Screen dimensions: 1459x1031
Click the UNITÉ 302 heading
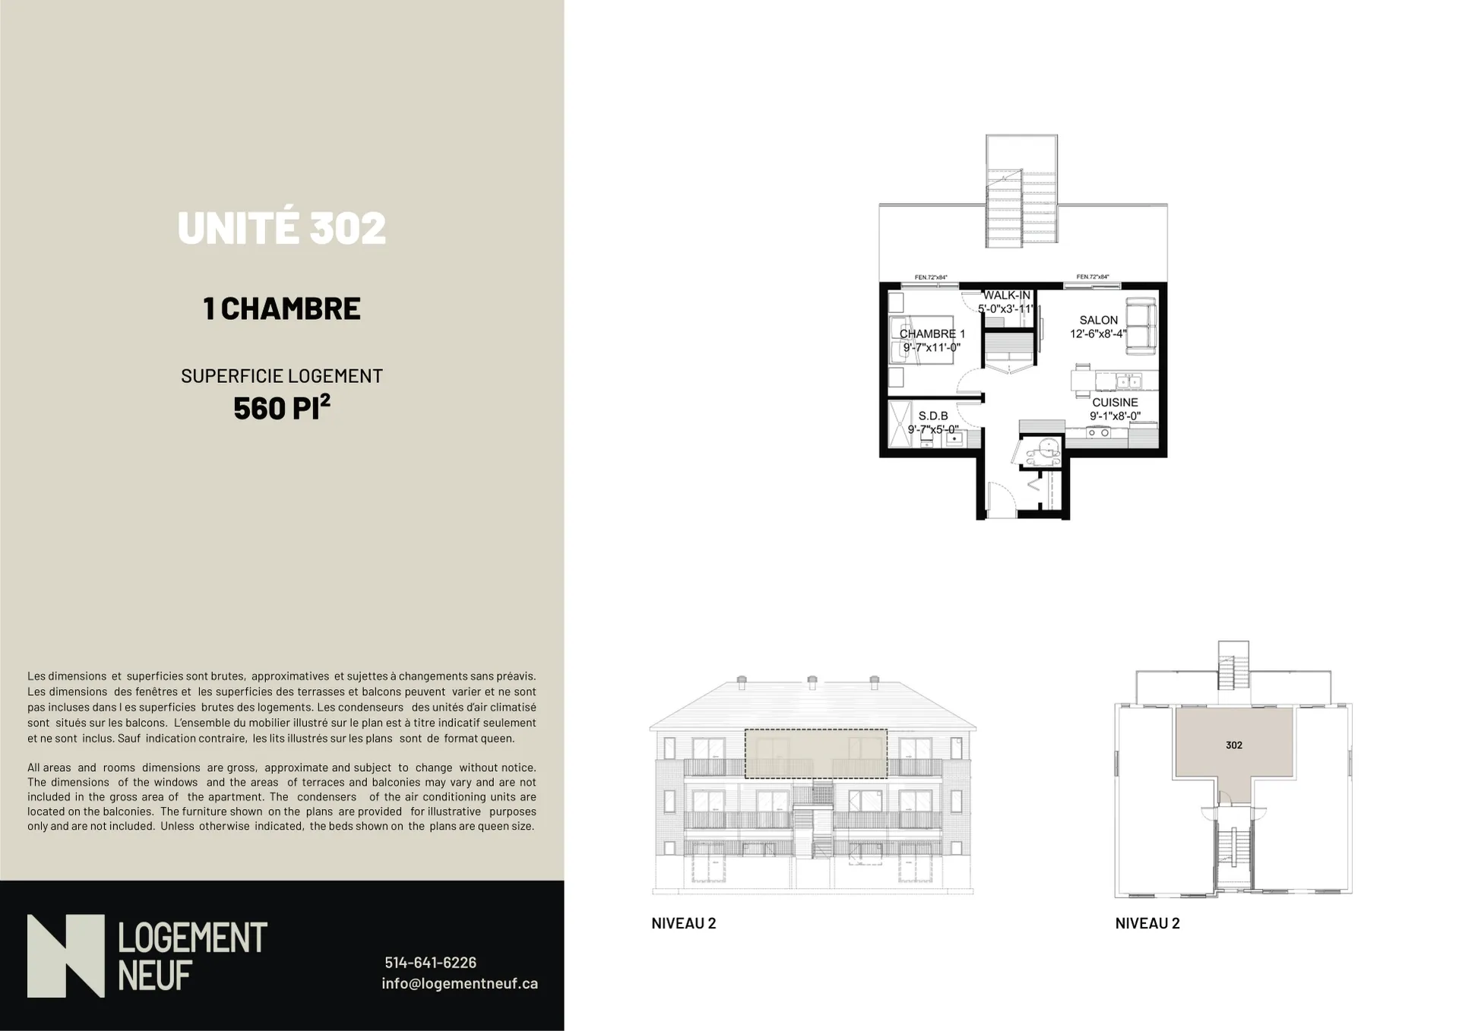click(282, 227)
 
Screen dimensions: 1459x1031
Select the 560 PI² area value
click(282, 406)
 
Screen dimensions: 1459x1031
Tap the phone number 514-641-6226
click(430, 963)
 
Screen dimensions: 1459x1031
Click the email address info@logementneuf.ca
click(460, 983)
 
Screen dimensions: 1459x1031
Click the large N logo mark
click(65, 956)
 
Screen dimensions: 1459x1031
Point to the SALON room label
click(1099, 321)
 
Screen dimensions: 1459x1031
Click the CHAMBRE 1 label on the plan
click(932, 334)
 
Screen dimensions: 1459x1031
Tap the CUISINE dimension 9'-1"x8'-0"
click(1115, 416)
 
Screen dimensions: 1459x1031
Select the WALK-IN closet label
click(1008, 296)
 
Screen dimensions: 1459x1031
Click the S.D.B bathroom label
click(933, 416)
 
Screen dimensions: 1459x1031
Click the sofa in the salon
click(1141, 326)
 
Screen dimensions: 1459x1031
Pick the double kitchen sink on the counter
click(1128, 380)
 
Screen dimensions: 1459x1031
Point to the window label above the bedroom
click(931, 277)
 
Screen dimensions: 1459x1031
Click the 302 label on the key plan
click(1234, 745)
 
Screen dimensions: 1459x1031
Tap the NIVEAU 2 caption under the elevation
click(684, 924)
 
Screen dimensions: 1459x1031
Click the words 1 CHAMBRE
click(282, 308)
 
